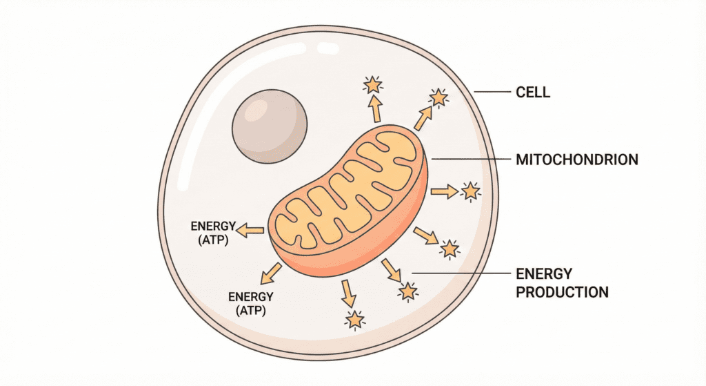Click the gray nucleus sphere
[270, 129]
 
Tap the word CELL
[533, 92]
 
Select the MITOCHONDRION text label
[577, 160]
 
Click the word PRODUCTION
[562, 292]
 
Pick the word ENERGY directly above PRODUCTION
[543, 274]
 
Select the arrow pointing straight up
[375, 108]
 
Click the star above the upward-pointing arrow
[373, 85]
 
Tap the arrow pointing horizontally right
[444, 191]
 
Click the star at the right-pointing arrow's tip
[470, 191]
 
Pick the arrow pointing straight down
[349, 294]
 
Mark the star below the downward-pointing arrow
[355, 320]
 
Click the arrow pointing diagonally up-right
[423, 119]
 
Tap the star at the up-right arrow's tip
[438, 98]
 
